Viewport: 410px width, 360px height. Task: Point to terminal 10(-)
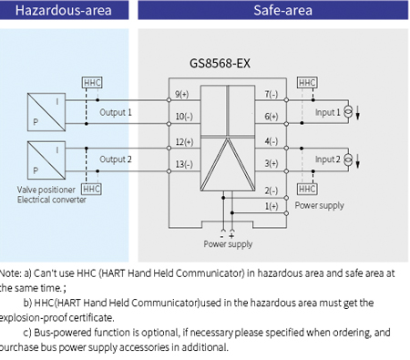(x=183, y=116)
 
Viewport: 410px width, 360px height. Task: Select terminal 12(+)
(x=183, y=141)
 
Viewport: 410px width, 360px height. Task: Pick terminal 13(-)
(x=183, y=163)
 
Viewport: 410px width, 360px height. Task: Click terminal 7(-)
(x=271, y=94)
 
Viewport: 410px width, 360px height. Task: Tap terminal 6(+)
(x=271, y=116)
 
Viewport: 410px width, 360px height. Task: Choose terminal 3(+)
(x=271, y=163)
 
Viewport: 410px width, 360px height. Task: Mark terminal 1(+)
(x=271, y=206)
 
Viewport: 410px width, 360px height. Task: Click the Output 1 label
(x=116, y=112)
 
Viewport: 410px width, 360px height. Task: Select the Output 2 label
(x=116, y=159)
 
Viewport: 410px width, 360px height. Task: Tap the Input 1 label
(x=328, y=112)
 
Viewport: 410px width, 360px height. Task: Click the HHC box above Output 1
(x=92, y=82)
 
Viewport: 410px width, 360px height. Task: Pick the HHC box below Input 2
(x=308, y=189)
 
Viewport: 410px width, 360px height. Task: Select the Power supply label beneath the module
(x=227, y=244)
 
